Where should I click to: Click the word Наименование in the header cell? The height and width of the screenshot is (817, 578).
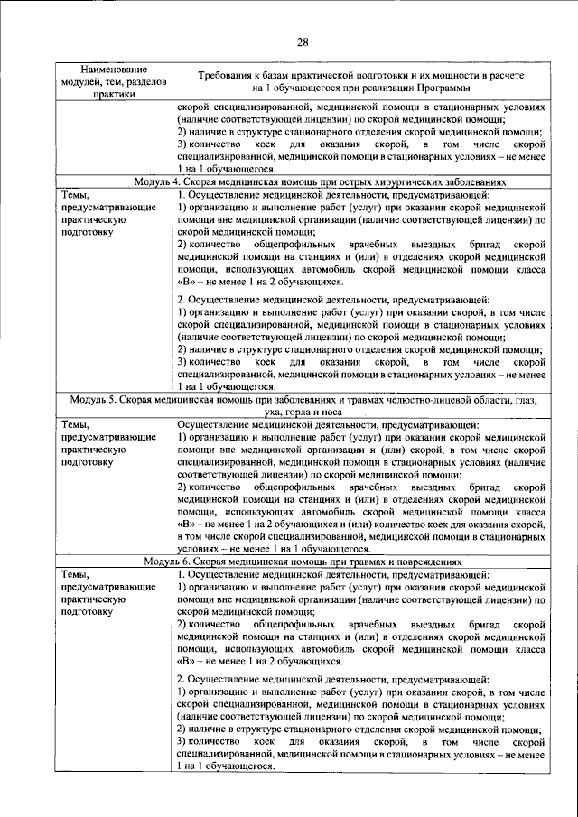[114, 69]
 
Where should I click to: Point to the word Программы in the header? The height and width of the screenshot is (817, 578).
[444, 88]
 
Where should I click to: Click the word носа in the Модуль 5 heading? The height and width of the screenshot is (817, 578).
[326, 411]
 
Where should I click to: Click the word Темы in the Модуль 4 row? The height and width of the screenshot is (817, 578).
[75, 195]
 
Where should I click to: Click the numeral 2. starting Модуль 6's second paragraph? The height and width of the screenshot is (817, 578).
[182, 677]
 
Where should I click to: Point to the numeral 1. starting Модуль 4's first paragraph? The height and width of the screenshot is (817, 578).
[182, 195]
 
